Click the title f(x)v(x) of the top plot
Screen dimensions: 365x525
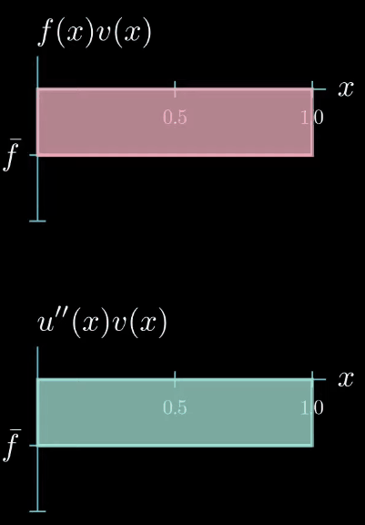tap(95, 34)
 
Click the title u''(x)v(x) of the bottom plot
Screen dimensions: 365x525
tap(102, 324)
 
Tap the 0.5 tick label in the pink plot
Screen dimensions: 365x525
tap(175, 118)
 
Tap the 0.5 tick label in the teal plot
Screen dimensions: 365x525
tap(175, 407)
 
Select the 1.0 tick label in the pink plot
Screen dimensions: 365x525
tap(312, 118)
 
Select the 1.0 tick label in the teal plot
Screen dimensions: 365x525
tap(312, 407)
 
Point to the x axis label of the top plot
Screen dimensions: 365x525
tap(346, 89)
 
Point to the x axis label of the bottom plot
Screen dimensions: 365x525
tap(346, 379)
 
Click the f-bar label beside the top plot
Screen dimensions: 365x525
tap(13, 154)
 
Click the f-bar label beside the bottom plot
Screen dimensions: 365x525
tap(13, 445)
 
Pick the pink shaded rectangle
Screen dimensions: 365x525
tap(175, 122)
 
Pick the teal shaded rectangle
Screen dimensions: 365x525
tap(175, 413)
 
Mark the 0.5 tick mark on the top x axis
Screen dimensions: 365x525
tap(175, 89)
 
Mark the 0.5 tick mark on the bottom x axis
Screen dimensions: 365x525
tap(175, 379)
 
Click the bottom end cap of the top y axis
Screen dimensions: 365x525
tap(37, 221)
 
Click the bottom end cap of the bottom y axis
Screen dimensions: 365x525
tap(37, 511)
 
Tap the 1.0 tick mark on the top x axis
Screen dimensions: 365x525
tap(312, 89)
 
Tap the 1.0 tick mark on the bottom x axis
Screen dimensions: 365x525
tap(312, 379)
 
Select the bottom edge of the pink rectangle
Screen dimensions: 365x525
tap(175, 155)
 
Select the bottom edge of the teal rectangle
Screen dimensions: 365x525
tap(175, 446)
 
